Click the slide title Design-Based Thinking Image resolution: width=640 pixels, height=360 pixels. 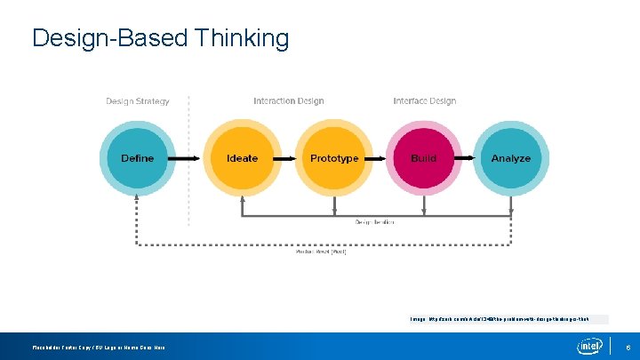[x=160, y=38]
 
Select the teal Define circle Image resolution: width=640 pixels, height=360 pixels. [x=137, y=158]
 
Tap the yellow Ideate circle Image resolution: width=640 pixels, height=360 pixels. [x=242, y=158]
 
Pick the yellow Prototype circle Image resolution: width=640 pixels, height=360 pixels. [x=334, y=158]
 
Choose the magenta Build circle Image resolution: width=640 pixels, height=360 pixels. [x=424, y=158]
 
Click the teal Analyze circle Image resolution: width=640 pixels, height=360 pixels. [x=511, y=158]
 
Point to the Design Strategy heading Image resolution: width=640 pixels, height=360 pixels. [x=138, y=101]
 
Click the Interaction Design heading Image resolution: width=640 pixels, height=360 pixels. [x=288, y=101]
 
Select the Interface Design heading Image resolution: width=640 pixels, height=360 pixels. [x=424, y=101]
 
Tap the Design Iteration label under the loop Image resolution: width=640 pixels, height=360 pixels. [x=375, y=222]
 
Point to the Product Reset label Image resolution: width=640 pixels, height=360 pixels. [x=321, y=252]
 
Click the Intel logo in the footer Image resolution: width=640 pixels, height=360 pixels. [x=589, y=346]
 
